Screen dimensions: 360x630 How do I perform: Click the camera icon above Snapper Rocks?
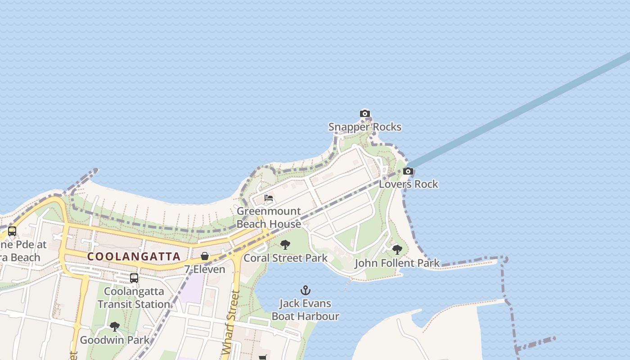365,113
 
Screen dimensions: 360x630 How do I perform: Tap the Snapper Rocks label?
364,127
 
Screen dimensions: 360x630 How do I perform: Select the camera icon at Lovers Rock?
408,171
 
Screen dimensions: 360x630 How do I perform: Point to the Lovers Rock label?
408,184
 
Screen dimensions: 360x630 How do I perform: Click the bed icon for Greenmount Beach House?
269,198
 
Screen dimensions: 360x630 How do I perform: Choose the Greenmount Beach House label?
269,217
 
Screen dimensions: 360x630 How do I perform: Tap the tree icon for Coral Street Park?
285,245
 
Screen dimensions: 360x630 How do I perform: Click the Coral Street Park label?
285,258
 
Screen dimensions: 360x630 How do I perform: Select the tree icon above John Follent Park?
397,249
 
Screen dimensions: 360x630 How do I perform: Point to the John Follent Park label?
397,263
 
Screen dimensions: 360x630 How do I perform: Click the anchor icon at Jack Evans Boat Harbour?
306,290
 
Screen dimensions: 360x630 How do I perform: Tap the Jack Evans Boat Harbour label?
305,310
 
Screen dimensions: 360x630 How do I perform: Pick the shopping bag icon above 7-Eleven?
205,256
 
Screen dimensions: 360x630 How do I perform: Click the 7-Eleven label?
205,269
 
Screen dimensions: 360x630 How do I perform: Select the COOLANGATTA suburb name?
134,256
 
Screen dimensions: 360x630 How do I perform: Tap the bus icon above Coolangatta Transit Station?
134,278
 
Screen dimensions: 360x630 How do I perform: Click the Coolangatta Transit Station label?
134,297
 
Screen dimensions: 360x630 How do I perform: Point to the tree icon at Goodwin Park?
115,326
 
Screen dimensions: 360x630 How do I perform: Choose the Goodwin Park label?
115,340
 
